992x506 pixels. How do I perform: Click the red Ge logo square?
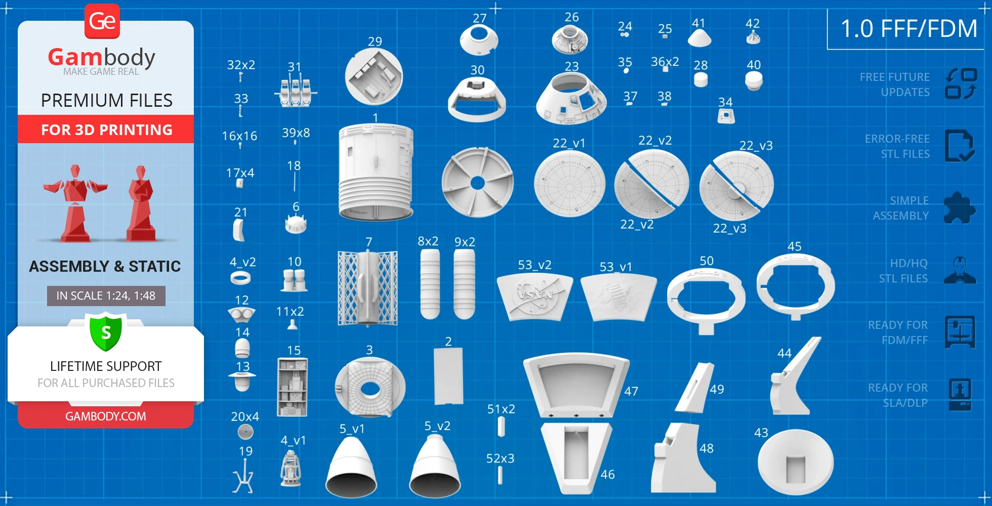click(x=102, y=21)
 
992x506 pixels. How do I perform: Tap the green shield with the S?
click(x=106, y=332)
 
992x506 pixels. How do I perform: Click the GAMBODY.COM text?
click(x=106, y=416)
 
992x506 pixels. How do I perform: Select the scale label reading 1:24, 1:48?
click(x=106, y=296)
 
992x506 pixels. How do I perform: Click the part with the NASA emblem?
click(x=534, y=296)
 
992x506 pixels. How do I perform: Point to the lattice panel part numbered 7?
click(x=367, y=288)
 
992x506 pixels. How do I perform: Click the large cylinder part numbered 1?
click(x=376, y=172)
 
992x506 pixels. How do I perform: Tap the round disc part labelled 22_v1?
click(x=569, y=184)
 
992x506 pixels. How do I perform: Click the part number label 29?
click(x=375, y=41)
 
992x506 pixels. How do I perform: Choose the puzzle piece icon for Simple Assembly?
click(x=960, y=207)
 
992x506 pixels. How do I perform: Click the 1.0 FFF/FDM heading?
click(x=909, y=28)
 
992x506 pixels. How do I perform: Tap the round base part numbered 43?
click(x=795, y=462)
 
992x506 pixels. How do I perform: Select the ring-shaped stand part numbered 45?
click(x=795, y=286)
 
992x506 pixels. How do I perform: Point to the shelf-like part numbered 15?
click(x=292, y=387)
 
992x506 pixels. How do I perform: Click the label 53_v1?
click(x=615, y=267)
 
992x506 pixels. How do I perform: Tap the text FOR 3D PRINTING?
click(x=106, y=130)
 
